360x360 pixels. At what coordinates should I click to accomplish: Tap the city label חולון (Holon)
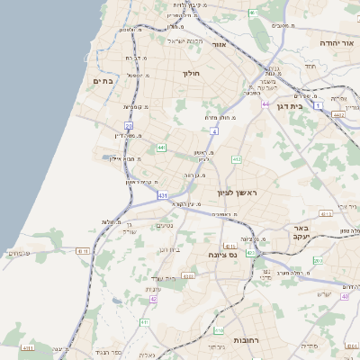point(191,74)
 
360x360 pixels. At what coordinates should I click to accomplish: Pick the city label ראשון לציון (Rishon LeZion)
point(237,193)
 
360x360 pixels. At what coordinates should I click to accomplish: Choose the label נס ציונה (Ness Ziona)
point(222,255)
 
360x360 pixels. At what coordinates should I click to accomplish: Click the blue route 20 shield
point(129,126)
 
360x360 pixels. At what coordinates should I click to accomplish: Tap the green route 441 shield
point(161,147)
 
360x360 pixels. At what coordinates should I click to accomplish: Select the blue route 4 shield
point(214,131)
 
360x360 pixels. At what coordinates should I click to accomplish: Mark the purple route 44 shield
point(265,104)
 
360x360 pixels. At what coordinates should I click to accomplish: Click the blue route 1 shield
point(318,105)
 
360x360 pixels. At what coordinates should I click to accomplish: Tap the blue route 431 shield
point(162,194)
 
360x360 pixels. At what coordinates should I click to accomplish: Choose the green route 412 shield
point(236,159)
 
